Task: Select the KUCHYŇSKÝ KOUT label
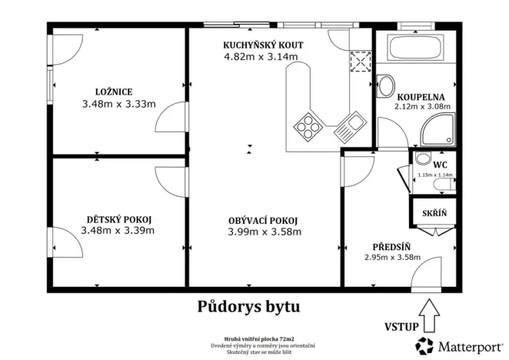tap(263, 45)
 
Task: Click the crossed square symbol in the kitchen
tap(359, 61)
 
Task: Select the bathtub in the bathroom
tap(416, 50)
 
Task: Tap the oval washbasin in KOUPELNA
tap(387, 85)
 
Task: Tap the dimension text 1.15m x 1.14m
tap(433, 175)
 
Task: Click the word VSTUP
tap(401, 327)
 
